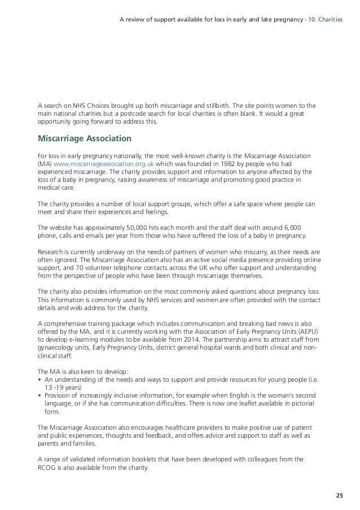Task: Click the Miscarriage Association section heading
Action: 84,138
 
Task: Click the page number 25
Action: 339,495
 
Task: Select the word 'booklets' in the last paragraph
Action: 144,459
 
